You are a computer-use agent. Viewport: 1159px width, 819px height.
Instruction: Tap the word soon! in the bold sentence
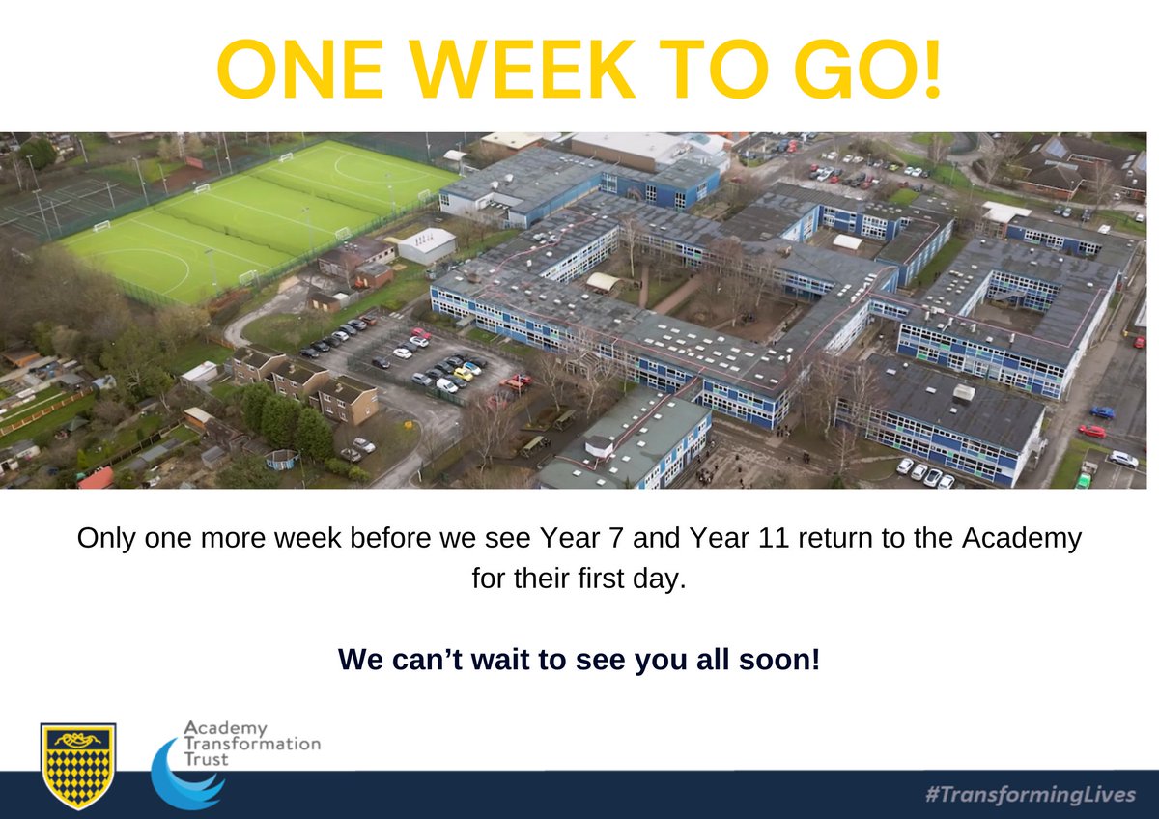coord(777,660)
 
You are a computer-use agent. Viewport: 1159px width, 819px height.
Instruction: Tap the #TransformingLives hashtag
coord(1030,794)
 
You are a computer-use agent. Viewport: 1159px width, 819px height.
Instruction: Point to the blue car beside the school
coord(1102,412)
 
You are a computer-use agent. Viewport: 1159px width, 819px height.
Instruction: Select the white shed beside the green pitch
coord(426,245)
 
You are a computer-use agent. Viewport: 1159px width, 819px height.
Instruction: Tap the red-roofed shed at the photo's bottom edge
coord(95,478)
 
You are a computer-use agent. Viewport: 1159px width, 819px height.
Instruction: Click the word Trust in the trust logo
coord(208,760)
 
